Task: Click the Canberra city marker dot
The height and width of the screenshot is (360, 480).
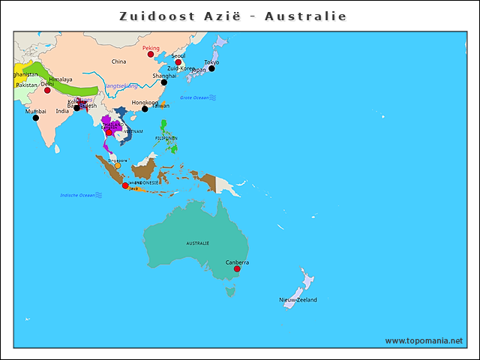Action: pos(237,268)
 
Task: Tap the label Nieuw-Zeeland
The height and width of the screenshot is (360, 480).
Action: pos(298,300)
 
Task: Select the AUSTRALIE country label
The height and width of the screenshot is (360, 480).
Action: pos(198,243)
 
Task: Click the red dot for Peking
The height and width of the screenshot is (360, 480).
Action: pos(150,54)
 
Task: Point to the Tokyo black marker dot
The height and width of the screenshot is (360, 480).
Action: pos(211,68)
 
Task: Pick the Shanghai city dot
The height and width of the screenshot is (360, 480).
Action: pos(164,82)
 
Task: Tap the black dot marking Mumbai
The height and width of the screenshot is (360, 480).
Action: pos(35,118)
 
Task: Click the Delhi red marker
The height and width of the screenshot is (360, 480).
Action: pos(47,90)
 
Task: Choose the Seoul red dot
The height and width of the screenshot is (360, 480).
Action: pos(178,61)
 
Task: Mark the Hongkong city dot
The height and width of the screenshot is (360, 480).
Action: pos(145,109)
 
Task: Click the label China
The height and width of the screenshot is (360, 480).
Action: pos(118,61)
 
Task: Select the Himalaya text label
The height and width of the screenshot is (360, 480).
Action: pos(61,79)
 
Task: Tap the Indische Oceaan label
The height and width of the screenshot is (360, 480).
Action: pos(78,196)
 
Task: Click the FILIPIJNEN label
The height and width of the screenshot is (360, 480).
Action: pos(166,138)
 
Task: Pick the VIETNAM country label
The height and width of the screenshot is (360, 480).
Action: pos(133,131)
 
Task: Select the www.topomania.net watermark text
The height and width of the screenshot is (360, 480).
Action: pos(424,340)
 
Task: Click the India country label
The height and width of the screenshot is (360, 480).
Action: pos(62,111)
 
